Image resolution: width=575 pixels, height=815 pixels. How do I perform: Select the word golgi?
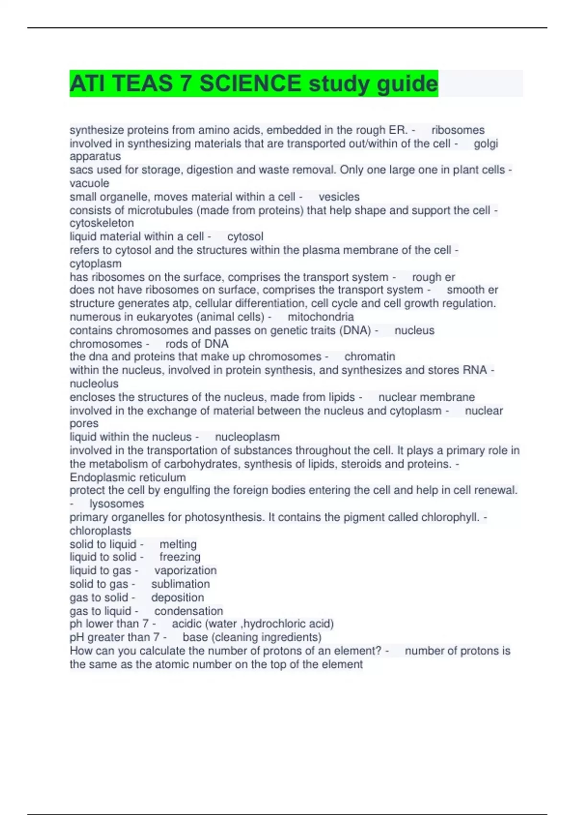click(486, 143)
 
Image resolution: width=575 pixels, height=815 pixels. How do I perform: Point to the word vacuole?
click(89, 183)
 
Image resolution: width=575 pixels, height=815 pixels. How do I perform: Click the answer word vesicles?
click(339, 197)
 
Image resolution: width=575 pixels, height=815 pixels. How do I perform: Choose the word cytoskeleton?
click(102, 223)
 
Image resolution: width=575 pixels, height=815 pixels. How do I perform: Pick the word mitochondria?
click(321, 317)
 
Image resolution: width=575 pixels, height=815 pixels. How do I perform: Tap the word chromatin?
click(369, 356)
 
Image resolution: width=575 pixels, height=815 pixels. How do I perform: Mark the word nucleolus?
click(94, 384)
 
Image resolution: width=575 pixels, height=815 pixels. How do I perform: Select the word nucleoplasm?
click(247, 437)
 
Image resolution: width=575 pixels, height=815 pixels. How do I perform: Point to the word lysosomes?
click(116, 503)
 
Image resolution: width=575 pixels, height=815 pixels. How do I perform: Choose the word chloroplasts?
click(100, 531)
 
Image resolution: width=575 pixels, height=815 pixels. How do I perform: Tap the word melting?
click(178, 544)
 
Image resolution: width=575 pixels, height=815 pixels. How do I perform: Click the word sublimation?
click(180, 584)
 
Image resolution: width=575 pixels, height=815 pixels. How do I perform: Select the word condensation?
click(188, 611)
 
